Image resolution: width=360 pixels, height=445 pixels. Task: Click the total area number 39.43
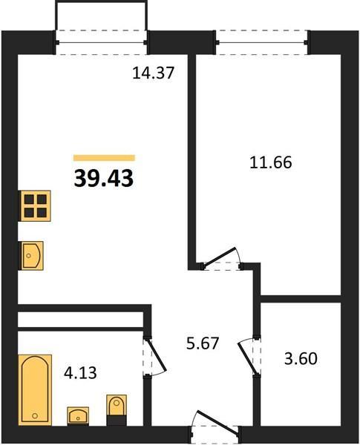(x=104, y=179)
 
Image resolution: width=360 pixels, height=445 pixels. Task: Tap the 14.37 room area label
(x=153, y=73)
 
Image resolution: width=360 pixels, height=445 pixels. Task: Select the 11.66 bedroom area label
(x=271, y=162)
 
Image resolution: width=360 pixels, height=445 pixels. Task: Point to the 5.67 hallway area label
(x=203, y=343)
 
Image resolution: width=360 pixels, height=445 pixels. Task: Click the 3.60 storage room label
(x=301, y=358)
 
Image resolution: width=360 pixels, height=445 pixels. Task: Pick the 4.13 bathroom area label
(x=80, y=373)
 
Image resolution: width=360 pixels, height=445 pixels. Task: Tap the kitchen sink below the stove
(x=30, y=255)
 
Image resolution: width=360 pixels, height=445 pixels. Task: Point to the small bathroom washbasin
(x=78, y=415)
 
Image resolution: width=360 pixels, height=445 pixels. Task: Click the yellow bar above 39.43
(x=104, y=158)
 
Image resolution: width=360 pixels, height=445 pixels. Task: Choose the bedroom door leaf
(x=219, y=257)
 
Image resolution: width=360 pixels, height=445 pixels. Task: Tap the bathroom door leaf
(x=156, y=355)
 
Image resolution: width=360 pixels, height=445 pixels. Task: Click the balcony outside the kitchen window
(x=101, y=15)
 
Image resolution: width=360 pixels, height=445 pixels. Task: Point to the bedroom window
(x=262, y=42)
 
